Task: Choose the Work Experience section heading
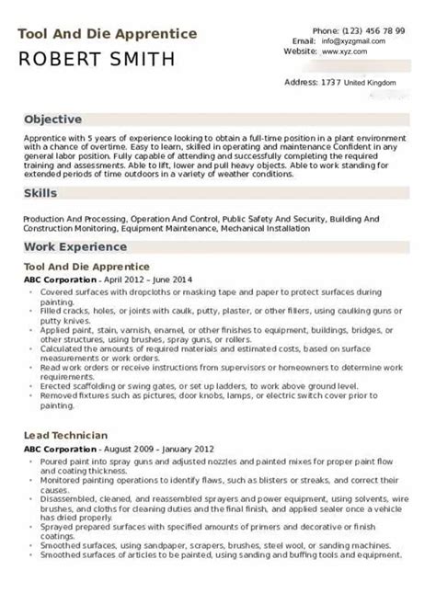[x=75, y=247]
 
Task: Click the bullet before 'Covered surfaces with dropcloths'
[x=34, y=291]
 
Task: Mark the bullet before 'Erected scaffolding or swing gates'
[x=34, y=375]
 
